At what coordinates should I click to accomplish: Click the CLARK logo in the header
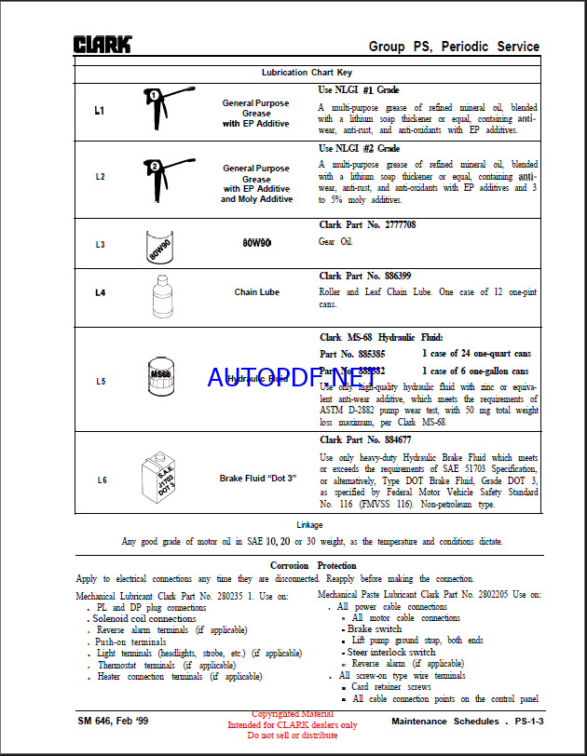102,44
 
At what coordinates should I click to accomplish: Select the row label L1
100,111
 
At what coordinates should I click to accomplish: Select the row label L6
102,480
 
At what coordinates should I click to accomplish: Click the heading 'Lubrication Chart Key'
307,72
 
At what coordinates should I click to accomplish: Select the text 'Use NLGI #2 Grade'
359,148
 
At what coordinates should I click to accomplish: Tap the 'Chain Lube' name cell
256,292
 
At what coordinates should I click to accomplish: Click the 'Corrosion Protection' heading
313,565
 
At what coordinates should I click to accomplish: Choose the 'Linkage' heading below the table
309,525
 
